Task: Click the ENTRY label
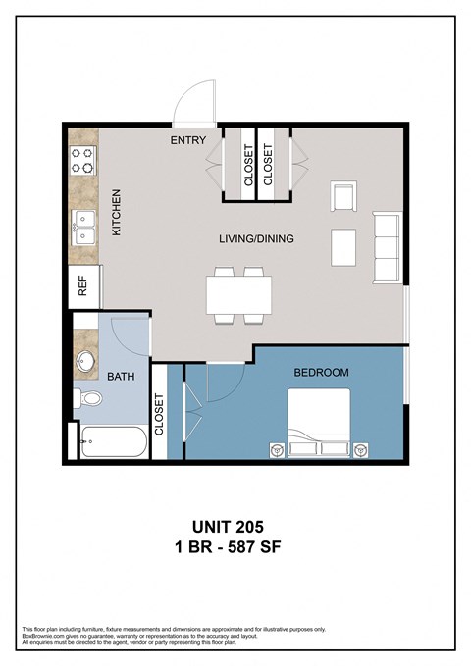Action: (x=187, y=141)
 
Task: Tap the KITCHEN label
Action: (x=115, y=212)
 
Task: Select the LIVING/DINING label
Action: (x=255, y=238)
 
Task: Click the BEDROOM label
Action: (x=321, y=373)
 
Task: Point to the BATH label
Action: (x=122, y=375)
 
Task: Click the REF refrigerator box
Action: (x=84, y=285)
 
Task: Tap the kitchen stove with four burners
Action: (x=82, y=160)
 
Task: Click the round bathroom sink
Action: (x=85, y=360)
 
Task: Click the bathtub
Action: (x=113, y=443)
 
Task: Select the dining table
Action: (x=238, y=293)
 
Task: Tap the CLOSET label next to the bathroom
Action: (x=159, y=417)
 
